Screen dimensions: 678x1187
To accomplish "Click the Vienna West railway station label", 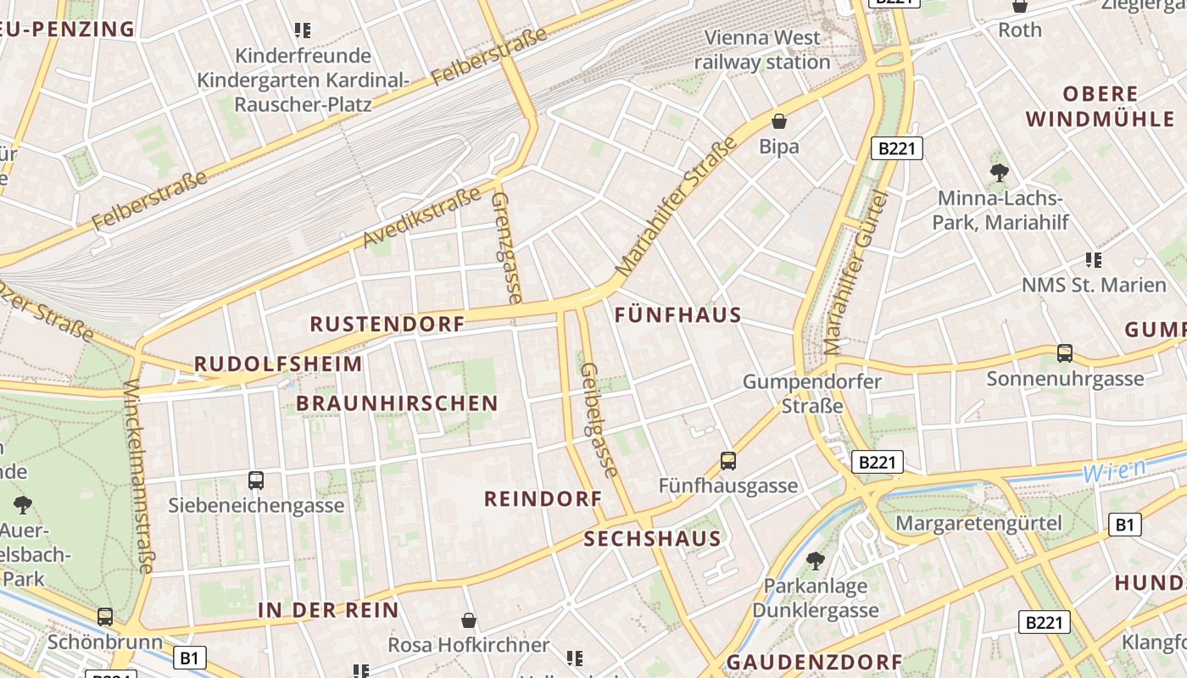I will coord(762,50).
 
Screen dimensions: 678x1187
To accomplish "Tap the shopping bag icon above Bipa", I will coord(778,121).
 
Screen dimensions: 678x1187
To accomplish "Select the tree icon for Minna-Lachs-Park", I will coord(999,173).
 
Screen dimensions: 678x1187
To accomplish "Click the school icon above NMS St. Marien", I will coord(1093,259).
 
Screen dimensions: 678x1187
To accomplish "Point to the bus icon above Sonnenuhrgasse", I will coord(1064,353).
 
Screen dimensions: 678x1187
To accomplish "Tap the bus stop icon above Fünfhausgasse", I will coord(727,460).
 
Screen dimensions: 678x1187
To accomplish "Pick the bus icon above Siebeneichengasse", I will coord(256,480).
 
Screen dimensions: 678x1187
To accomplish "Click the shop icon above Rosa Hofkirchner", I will coord(468,620).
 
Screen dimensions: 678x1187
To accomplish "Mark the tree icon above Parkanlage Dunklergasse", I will coord(815,560).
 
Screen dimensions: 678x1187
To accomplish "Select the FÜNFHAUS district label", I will coord(677,315).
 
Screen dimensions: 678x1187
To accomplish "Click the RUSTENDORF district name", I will coord(387,324).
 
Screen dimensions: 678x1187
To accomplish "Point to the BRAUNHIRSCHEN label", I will coord(397,403).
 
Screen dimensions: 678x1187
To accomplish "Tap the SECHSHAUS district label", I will coord(652,539).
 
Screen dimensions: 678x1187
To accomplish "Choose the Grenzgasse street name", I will coord(506,247).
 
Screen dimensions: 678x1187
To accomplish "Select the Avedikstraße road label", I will coord(421,220).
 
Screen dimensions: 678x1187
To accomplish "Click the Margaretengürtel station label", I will coord(978,522).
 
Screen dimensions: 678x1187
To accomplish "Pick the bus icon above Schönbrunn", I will coord(105,616).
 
